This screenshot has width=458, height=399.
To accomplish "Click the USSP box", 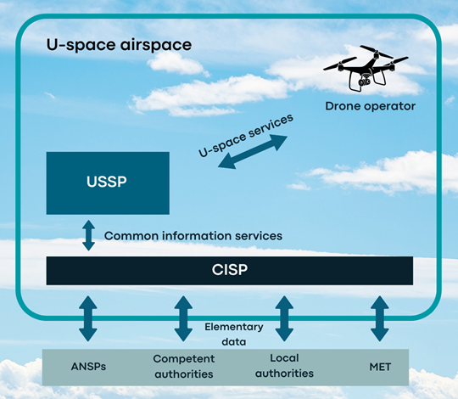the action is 108,183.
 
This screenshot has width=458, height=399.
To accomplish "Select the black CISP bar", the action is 230,271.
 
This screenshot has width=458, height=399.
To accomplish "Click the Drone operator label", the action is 370,106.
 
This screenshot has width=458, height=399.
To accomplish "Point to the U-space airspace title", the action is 120,45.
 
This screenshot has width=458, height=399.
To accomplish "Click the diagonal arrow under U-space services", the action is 253,152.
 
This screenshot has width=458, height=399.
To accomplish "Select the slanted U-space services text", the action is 246,135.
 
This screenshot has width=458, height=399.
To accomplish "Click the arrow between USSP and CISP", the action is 88,236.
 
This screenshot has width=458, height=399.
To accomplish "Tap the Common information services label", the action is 193,236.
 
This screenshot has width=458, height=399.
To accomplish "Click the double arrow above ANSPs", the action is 88,318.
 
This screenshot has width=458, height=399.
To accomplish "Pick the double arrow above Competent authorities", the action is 183,318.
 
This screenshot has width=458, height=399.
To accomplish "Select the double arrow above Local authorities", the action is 284,318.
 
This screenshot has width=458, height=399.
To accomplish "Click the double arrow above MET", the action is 380,318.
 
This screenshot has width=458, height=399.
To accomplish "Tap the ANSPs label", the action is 88,367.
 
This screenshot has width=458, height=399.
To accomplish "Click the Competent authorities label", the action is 184,366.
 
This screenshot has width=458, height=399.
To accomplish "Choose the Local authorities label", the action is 284,366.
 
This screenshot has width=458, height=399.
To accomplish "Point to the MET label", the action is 380,367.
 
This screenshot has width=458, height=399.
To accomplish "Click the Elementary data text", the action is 234,334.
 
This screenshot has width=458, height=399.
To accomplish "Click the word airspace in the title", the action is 156,45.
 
